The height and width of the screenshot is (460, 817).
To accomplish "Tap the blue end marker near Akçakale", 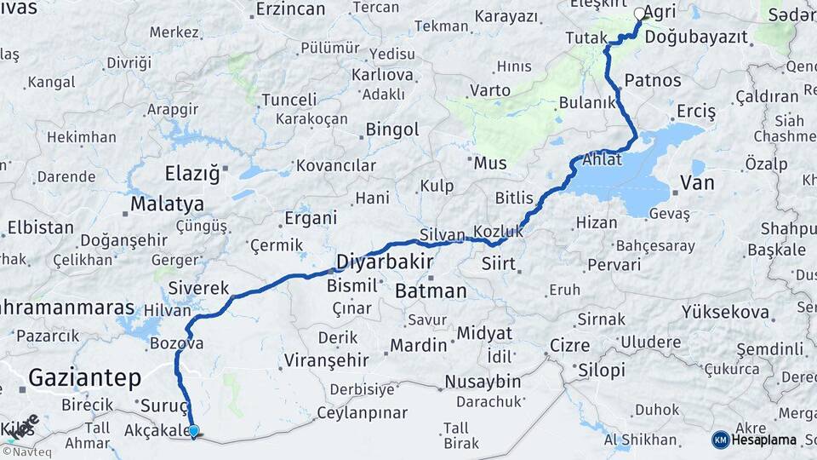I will tap(194, 431).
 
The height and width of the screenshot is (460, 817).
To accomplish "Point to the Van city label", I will tap(697, 183).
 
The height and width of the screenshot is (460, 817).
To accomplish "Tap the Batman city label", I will tap(431, 290).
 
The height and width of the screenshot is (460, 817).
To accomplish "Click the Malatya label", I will tap(168, 204).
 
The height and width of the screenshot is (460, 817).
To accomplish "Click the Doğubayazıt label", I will tap(696, 37).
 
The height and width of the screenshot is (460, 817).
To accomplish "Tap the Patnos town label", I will tap(653, 80).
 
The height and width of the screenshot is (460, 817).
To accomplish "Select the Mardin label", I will tap(419, 345).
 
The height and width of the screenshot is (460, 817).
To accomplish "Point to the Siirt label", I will tap(499, 263).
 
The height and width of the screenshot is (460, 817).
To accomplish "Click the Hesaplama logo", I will tap(754, 440).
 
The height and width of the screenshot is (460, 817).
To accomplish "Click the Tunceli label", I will tap(289, 100).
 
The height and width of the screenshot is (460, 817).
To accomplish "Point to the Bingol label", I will tap(392, 129).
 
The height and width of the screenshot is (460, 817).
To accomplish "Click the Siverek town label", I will tap(199, 287).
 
